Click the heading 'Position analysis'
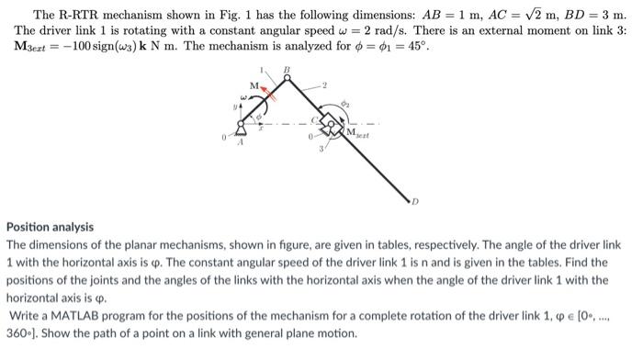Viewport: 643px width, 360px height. (51, 227)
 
